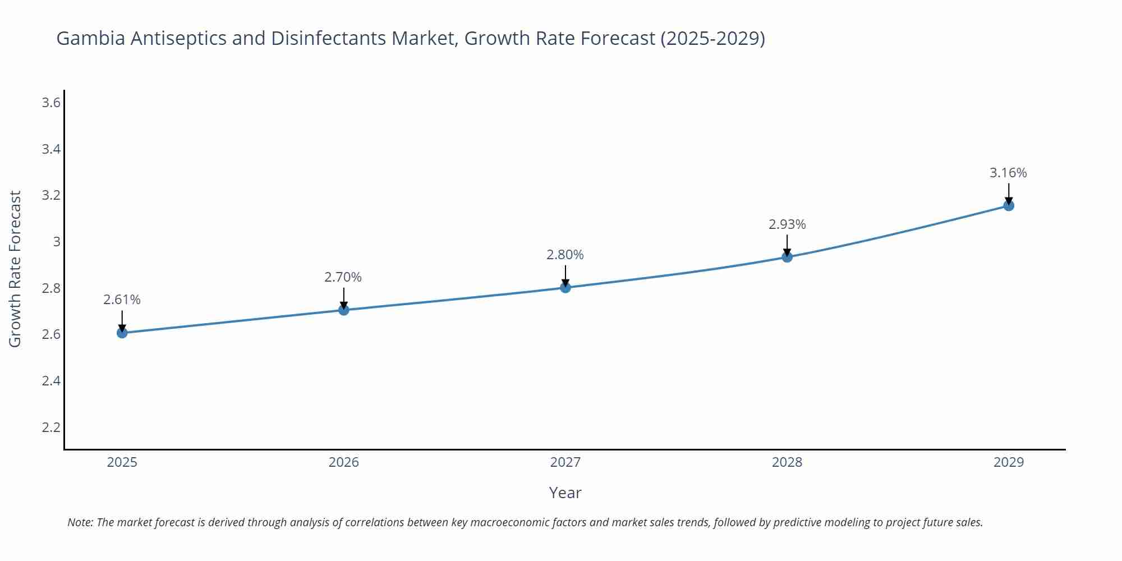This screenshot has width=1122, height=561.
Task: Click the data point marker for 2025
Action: point(122,333)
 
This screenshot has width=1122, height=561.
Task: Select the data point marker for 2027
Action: point(565,287)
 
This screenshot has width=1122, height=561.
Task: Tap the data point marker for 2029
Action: point(1009,205)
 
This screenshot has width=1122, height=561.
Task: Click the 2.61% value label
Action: point(122,300)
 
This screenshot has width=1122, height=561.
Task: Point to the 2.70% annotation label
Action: point(343,277)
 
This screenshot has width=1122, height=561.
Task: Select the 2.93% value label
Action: point(787,224)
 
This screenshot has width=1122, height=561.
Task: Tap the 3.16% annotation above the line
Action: point(1008,173)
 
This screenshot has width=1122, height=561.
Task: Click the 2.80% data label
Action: point(565,255)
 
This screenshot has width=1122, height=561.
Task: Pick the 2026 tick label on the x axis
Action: point(343,462)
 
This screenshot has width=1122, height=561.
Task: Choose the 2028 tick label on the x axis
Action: point(787,462)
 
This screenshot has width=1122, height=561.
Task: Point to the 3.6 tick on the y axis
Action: point(51,103)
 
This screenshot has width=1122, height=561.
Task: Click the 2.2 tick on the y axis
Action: point(51,427)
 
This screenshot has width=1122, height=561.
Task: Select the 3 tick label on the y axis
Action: point(57,242)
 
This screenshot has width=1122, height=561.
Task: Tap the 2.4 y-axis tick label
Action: point(51,381)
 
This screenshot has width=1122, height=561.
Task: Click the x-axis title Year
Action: point(565,493)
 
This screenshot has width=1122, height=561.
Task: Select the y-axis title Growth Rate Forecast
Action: point(15,269)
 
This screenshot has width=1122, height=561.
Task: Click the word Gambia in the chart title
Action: point(91,38)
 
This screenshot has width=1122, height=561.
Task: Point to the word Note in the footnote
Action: point(80,522)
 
